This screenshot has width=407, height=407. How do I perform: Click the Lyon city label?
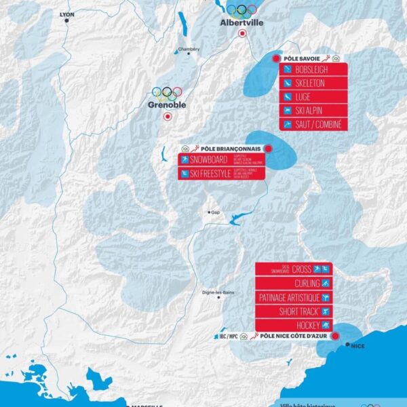pyautogui.click(x=66, y=14)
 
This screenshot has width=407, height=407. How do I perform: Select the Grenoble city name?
pyautogui.click(x=167, y=105)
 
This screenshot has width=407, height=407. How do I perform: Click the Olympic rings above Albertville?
pyautogui.click(x=241, y=9)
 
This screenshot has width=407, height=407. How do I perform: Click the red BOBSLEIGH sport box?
pyautogui.click(x=313, y=70)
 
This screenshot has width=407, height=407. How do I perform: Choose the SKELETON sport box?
pyautogui.click(x=313, y=83)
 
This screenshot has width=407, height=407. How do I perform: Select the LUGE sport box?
pyautogui.click(x=313, y=97)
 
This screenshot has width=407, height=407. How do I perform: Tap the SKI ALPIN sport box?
pyautogui.click(x=313, y=111)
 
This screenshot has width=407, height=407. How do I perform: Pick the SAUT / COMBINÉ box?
pyautogui.click(x=313, y=124)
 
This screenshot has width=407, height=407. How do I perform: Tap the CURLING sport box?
pyautogui.click(x=294, y=283)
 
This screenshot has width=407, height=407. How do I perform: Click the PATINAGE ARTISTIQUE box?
pyautogui.click(x=294, y=297)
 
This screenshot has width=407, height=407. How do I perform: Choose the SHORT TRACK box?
pyautogui.click(x=294, y=311)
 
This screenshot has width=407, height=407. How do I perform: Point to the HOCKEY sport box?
pyautogui.click(x=294, y=326)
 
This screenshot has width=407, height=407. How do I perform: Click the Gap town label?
pyautogui.click(x=216, y=212)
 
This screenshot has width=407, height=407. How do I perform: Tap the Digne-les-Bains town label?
pyautogui.click(x=218, y=292)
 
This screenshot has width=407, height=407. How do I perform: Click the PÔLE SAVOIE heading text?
pyautogui.click(x=301, y=59)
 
